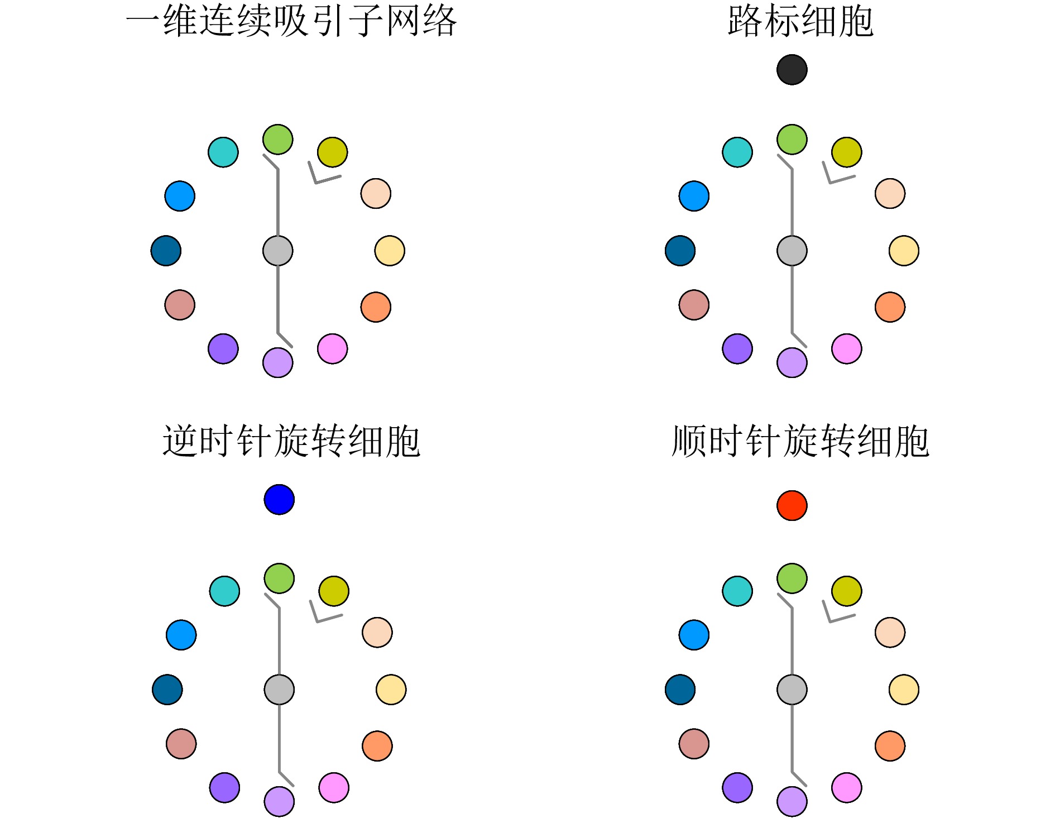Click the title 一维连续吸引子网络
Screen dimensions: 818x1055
pyautogui.click(x=291, y=21)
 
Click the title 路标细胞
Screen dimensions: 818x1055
pyautogui.click(x=800, y=21)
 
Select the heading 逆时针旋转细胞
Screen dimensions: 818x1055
pyautogui.click(x=291, y=441)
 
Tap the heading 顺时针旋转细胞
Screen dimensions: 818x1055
pyautogui.click(x=800, y=441)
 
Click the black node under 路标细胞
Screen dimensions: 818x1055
pyautogui.click(x=792, y=70)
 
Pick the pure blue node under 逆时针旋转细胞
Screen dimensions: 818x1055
pyautogui.click(x=279, y=499)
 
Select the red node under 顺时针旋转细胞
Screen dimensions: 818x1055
pyautogui.click(x=792, y=505)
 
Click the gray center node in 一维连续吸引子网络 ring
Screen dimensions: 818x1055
pyautogui.click(x=277, y=251)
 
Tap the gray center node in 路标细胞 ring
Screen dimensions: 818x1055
pyautogui.click(x=792, y=251)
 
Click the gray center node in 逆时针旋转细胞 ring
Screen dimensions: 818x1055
pyautogui.click(x=279, y=690)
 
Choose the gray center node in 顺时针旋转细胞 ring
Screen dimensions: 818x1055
pyautogui.click(x=792, y=690)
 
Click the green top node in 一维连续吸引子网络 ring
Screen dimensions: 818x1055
pyautogui.click(x=277, y=140)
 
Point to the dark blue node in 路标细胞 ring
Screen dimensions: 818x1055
pyautogui.click(x=680, y=251)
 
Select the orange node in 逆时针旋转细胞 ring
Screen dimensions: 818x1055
pyautogui.click(x=377, y=746)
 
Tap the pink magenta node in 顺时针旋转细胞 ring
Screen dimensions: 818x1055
pyautogui.click(x=846, y=788)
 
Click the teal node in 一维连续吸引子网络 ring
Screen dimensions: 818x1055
pyautogui.click(x=223, y=152)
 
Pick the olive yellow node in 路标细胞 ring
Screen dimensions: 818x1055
pyautogui.click(x=846, y=152)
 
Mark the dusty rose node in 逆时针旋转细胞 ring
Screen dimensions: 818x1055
pyautogui.click(x=181, y=744)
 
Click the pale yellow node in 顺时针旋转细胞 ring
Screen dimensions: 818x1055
pyautogui.click(x=904, y=690)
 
